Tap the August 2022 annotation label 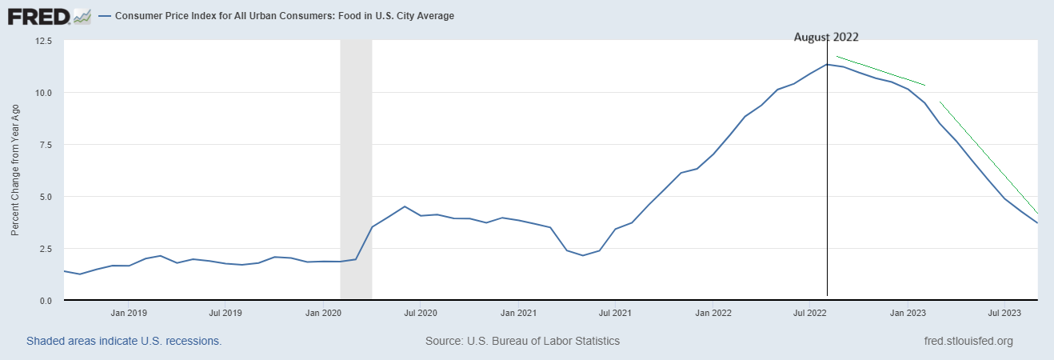826,37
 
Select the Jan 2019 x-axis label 128,313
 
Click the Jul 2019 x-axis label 226,313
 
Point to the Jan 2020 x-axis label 325,313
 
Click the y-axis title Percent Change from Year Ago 15,170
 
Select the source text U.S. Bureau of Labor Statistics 522,341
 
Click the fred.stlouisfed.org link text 968,341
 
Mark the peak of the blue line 827,64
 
